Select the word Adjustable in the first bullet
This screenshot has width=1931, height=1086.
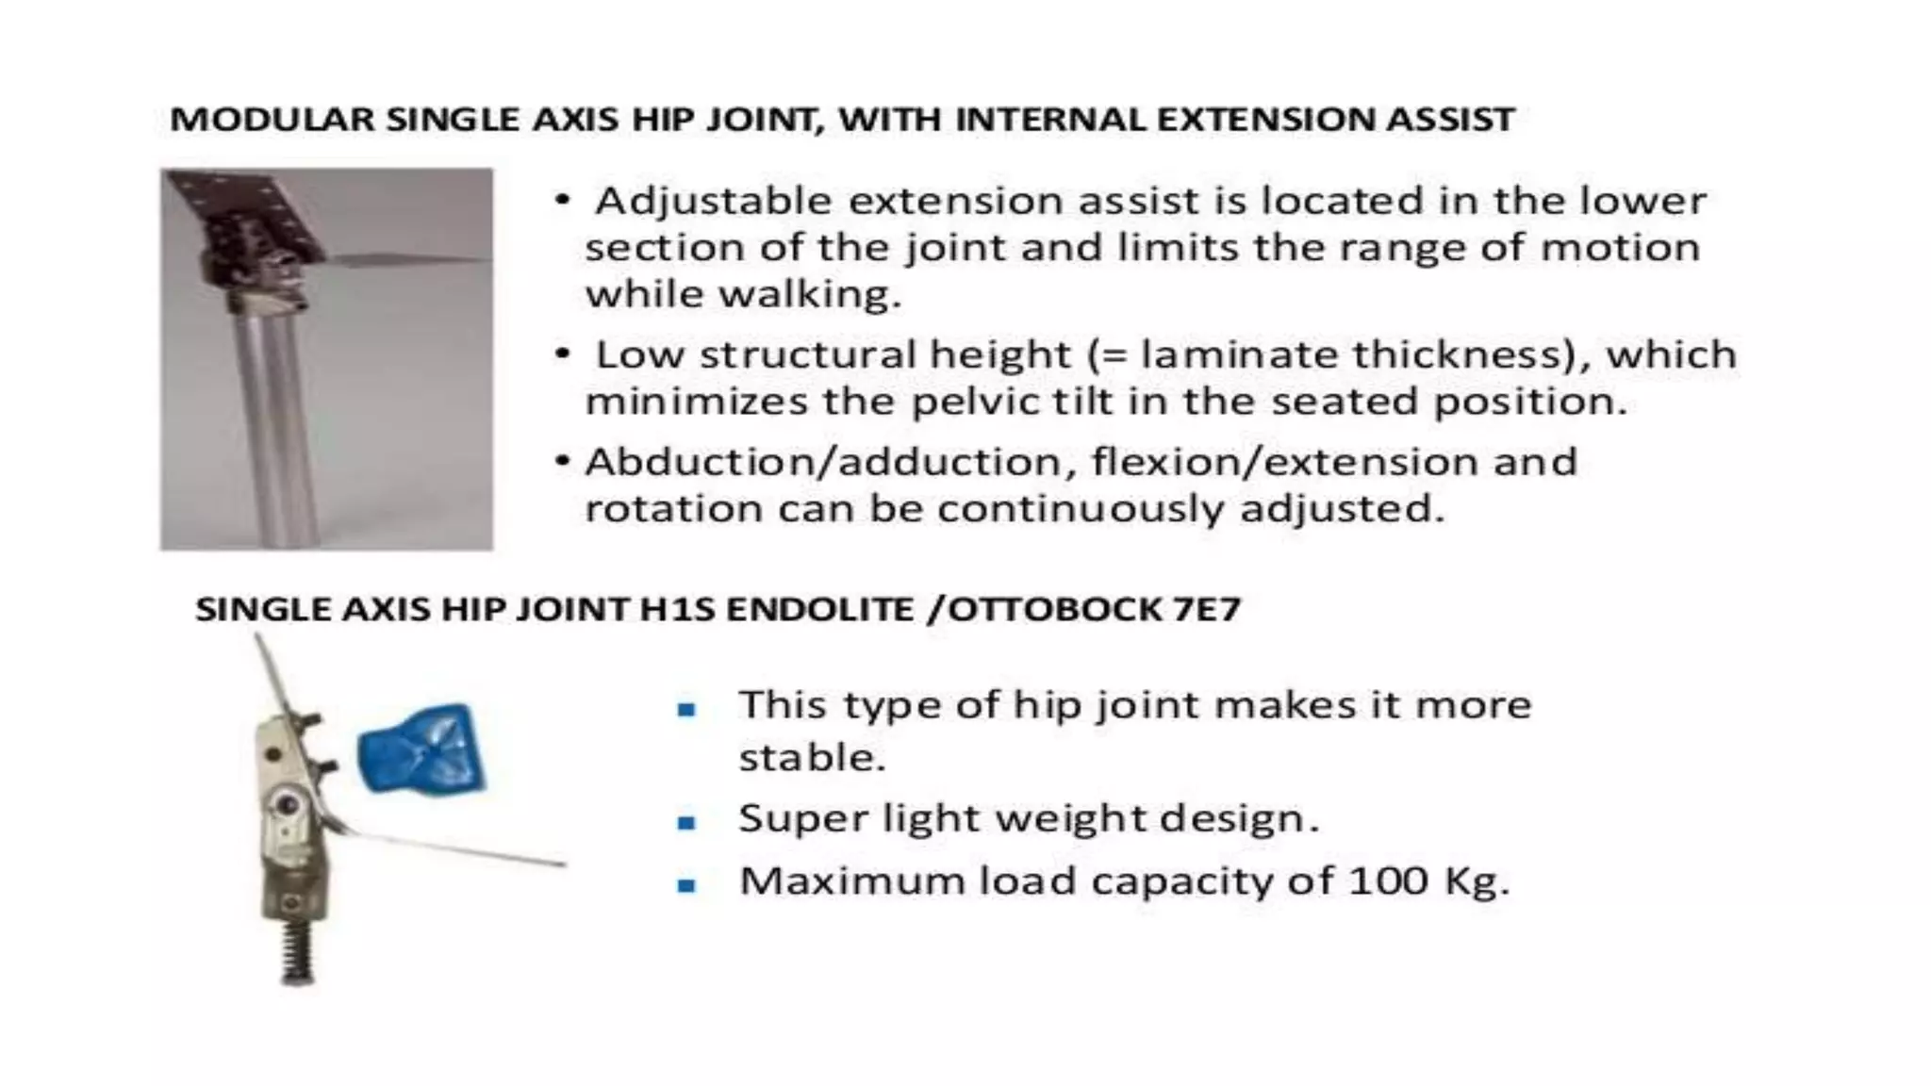pos(713,201)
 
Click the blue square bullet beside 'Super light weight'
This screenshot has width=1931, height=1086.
pos(686,823)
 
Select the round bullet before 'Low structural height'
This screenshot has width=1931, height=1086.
pos(563,354)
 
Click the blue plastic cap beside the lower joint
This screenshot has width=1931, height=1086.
pos(421,749)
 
